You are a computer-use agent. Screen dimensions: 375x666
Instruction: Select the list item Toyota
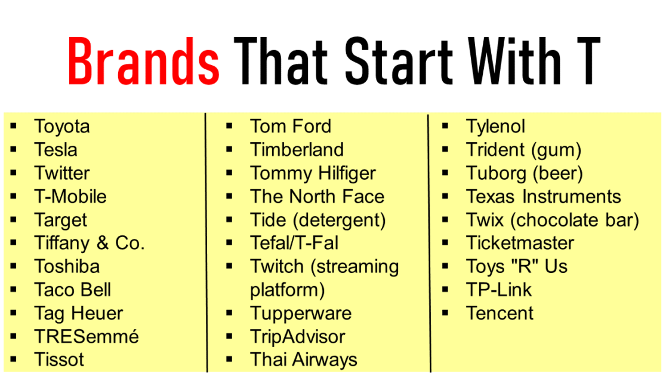62,127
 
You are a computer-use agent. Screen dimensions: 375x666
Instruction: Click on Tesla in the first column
55,150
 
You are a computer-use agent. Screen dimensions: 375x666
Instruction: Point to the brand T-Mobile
70,196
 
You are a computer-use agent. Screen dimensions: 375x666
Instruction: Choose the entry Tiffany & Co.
90,243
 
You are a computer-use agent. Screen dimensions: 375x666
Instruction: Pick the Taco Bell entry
73,290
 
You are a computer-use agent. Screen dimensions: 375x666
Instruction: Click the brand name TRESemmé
87,337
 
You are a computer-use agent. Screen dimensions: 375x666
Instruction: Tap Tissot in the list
59,360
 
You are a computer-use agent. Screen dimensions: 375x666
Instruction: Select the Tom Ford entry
291,127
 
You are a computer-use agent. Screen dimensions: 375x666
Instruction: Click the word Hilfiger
341,174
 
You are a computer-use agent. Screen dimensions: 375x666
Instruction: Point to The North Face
317,196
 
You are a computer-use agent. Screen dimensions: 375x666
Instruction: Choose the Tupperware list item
301,313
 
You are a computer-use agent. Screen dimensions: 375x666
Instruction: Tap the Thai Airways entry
304,360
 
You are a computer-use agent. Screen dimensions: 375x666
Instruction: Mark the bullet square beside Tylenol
445,127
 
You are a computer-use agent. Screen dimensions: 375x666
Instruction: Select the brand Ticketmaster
520,243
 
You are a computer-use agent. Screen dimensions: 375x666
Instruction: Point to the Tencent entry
499,313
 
